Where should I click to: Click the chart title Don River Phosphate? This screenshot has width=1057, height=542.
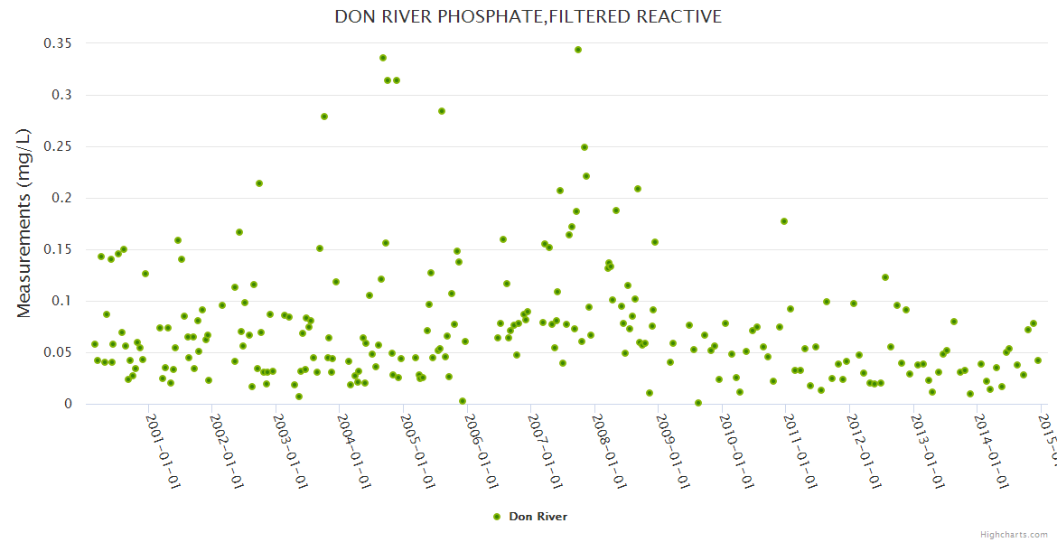point(528,16)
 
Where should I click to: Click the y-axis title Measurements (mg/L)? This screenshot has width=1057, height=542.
point(24,222)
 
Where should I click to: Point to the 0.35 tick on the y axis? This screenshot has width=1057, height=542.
point(59,43)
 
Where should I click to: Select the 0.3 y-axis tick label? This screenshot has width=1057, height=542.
point(63,95)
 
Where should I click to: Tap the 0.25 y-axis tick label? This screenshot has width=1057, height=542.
point(59,146)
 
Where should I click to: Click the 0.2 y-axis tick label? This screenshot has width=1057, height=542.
point(63,198)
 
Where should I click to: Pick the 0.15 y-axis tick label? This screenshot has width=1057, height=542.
point(59,249)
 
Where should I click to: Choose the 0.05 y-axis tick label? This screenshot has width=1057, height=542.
point(59,352)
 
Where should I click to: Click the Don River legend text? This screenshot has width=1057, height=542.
point(538,517)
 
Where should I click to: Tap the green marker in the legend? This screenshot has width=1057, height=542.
point(496,517)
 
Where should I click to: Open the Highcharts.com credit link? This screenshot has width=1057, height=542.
point(1014,534)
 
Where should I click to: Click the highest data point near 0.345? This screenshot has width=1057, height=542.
point(578,50)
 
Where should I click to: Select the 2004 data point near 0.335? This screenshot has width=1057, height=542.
point(383,58)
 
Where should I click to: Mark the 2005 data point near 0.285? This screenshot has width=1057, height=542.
point(442,111)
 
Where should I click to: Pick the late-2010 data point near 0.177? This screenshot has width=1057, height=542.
point(784,221)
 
